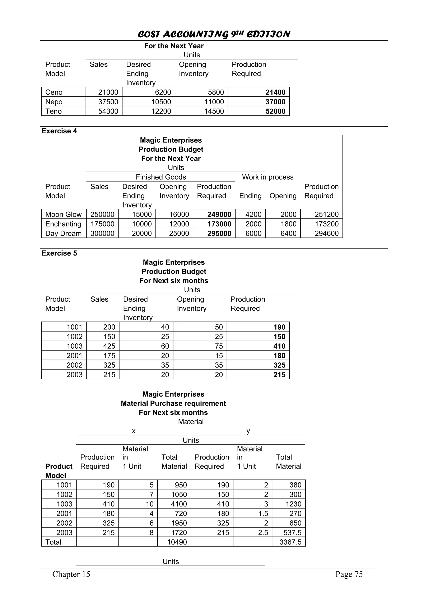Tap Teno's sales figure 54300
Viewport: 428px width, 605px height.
(108, 111)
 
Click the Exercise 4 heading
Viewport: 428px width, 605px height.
(59, 131)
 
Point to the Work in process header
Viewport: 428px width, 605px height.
(267, 177)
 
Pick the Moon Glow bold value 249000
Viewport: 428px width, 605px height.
(219, 214)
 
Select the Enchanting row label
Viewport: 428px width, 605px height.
(63, 224)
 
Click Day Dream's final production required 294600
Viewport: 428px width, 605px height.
(326, 233)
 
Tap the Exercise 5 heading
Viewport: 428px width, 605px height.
(59, 253)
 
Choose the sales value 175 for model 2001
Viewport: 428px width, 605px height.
(109, 356)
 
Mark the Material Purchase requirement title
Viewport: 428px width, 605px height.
(173, 403)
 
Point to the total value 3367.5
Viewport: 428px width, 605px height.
(290, 542)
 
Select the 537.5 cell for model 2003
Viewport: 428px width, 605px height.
(292, 533)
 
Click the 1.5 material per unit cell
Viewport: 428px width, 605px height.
(263, 514)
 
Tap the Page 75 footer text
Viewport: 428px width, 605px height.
(349, 574)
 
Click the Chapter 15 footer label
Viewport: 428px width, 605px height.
(71, 574)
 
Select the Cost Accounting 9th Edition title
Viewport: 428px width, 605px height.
(214, 34)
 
